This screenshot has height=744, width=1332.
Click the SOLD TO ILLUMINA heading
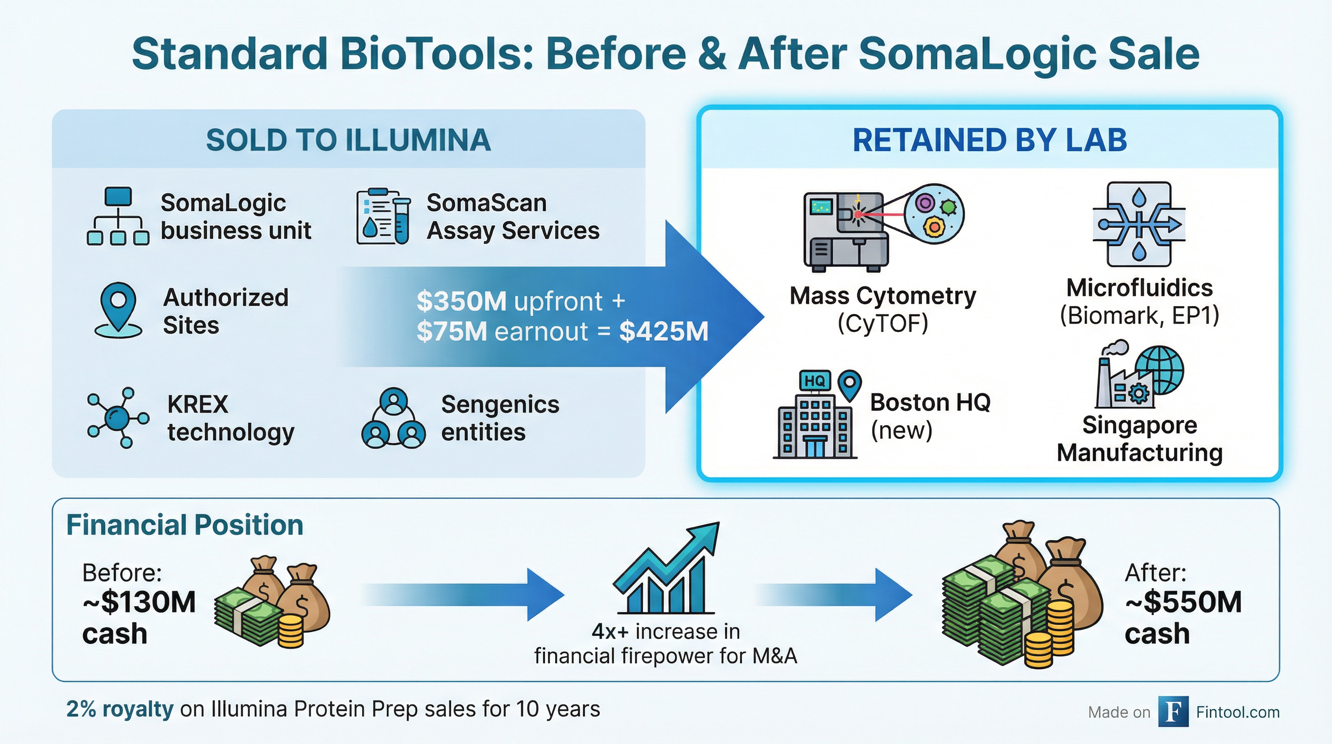[348, 140]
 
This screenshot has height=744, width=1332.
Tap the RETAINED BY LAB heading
[990, 140]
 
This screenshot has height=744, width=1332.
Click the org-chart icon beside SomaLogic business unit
[118, 216]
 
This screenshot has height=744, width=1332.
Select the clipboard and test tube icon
[384, 216]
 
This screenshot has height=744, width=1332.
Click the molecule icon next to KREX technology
[118, 417]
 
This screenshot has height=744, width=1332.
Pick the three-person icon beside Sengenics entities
[394, 418]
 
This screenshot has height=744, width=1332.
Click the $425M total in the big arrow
[664, 331]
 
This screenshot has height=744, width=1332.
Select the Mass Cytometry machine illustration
[883, 228]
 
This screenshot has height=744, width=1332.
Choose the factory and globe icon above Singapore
[1139, 374]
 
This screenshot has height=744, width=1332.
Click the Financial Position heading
[184, 525]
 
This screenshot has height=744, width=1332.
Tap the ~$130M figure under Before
[139, 602]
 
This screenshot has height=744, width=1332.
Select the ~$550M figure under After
[1183, 602]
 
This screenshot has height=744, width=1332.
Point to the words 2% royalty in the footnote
[120, 709]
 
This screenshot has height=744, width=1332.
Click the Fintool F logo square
[1173, 712]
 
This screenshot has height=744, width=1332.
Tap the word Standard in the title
[230, 54]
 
